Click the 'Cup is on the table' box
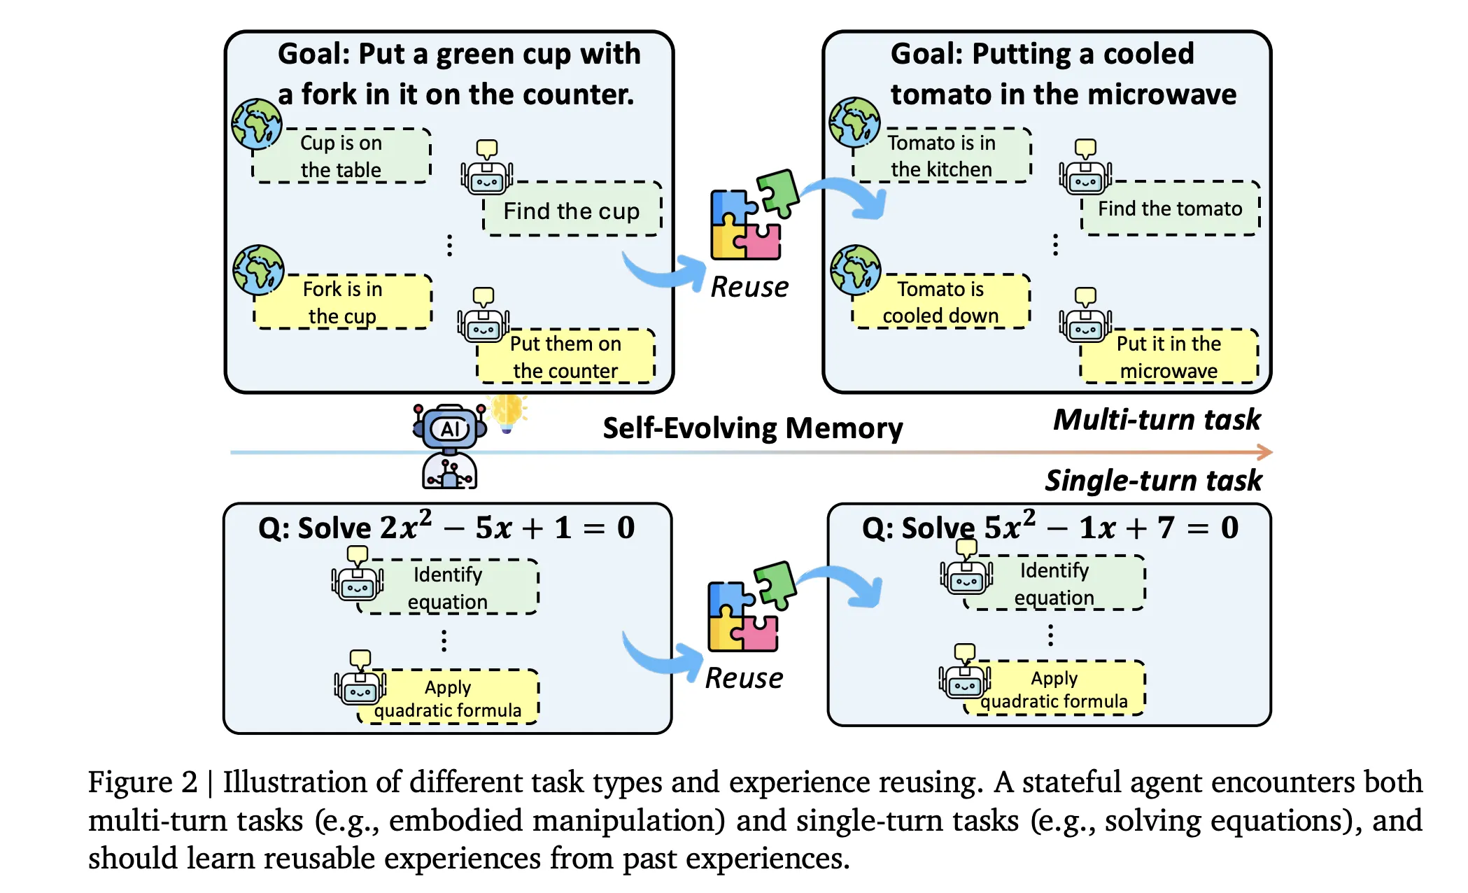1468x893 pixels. coord(341,156)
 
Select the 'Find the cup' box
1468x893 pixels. coord(572,209)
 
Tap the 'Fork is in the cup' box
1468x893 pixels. coord(343,302)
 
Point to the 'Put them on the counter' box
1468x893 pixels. coord(565,356)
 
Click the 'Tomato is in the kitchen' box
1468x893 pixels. coord(941,155)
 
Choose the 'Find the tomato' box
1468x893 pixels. coord(1170,209)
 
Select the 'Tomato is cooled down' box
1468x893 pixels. coord(940,302)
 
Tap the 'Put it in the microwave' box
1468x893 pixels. coord(1169,356)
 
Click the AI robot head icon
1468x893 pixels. coord(450,427)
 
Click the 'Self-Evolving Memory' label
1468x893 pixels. coord(753,428)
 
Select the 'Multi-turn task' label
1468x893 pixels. coord(1157,420)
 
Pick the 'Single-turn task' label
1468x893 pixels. coord(1153,481)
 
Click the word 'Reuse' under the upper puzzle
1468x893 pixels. coord(749,287)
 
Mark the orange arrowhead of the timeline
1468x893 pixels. coord(1264,452)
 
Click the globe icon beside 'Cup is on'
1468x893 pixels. coord(257,124)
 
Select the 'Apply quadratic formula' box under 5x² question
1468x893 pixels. coord(1054,689)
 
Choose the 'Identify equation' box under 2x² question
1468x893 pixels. coord(448,588)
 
